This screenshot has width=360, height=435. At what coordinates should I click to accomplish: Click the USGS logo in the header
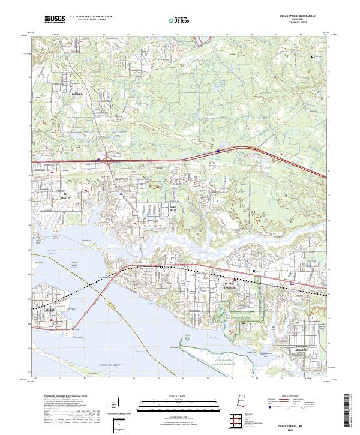pos(54,19)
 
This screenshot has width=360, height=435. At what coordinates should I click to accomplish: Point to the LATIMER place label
pos(76,94)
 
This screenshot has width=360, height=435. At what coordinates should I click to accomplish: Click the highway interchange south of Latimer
pos(107,159)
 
